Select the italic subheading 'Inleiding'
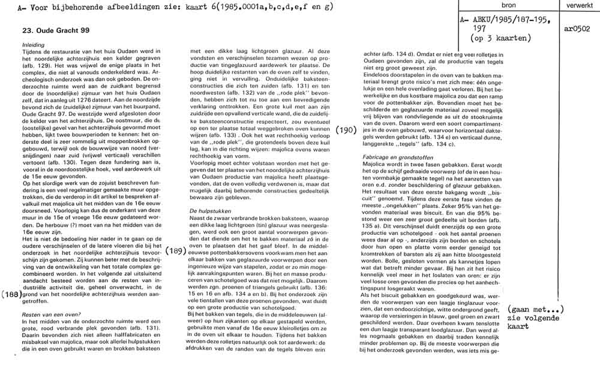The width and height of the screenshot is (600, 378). click(34, 45)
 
